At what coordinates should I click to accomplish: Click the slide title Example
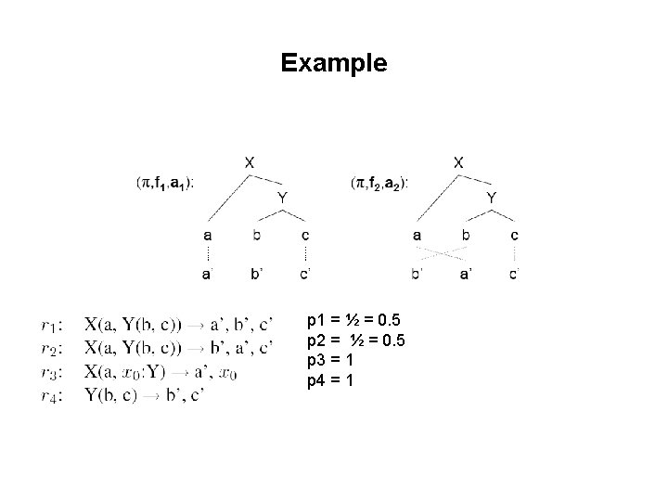tap(333, 63)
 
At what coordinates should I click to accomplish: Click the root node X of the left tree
tap(249, 161)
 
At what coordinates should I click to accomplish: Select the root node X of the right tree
tap(459, 161)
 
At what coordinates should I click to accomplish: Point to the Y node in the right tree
tap(492, 197)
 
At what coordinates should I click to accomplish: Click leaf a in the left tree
tap(208, 235)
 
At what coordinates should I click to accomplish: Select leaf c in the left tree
tap(305, 235)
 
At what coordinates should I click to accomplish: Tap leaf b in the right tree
tap(465, 235)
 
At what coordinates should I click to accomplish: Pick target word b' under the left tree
tap(257, 273)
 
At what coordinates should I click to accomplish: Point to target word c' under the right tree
tap(515, 273)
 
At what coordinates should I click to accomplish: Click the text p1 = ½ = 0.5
tap(355, 322)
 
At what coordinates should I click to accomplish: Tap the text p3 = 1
tap(328, 361)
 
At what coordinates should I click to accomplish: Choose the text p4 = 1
tap(328, 380)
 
